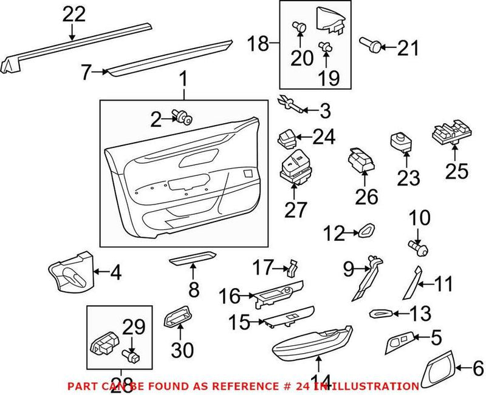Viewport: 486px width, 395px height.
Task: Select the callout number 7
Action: point(86,73)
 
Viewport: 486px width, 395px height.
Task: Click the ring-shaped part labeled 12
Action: point(367,231)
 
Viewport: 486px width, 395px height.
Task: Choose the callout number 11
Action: point(444,283)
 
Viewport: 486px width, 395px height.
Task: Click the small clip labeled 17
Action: point(293,266)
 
